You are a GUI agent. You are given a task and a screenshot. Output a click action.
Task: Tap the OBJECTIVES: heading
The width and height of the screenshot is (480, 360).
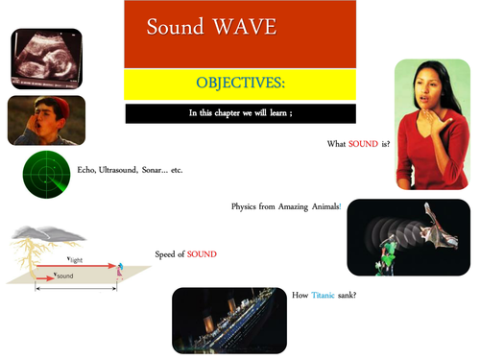(240, 83)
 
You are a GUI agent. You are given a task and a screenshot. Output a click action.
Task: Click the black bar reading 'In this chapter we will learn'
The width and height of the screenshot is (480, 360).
(240, 113)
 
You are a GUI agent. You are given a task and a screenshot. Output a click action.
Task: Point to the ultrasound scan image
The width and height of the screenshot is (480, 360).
(45, 58)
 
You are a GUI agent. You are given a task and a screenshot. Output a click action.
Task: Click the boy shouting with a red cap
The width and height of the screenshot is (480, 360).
(46, 119)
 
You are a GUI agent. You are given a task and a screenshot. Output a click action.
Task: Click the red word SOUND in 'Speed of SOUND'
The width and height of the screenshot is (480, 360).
(202, 254)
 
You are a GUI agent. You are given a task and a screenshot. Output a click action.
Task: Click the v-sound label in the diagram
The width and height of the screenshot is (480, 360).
(64, 276)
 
